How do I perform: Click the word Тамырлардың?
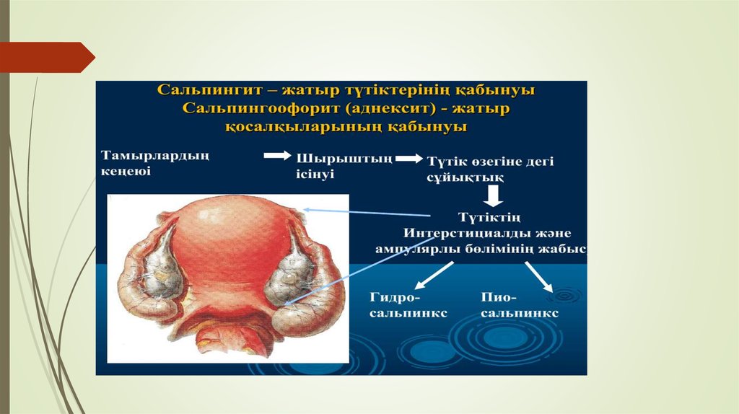pos(155,157)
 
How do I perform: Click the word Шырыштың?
pos(344,159)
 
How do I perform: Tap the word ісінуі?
pos(315,174)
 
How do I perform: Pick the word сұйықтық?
pos(465,178)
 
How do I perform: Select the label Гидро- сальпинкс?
pos(408,305)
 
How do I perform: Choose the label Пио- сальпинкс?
pos(520,305)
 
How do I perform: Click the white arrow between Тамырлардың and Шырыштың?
pos(278,155)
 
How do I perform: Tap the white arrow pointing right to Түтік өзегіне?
pos(409,159)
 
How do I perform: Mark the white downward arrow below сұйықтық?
pos(494,196)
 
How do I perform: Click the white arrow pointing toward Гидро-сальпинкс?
pos(434,276)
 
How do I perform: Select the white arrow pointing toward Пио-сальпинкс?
pos(539,277)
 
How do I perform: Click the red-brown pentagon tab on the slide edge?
pos(47,58)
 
